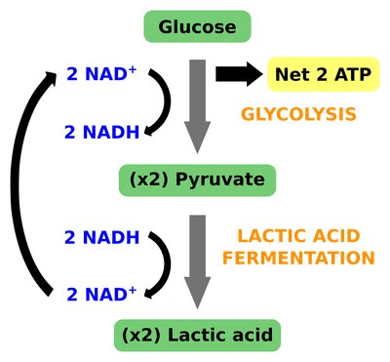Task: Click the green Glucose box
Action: (x=197, y=26)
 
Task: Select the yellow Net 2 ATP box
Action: (x=323, y=74)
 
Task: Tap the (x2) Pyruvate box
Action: (x=197, y=181)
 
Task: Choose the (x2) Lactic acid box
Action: (x=197, y=336)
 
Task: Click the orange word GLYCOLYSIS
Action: (x=298, y=114)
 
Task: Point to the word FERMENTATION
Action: (x=298, y=258)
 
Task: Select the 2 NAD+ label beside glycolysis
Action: (x=101, y=73)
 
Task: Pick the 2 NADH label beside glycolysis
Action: (x=102, y=132)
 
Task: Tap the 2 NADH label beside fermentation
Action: (x=102, y=237)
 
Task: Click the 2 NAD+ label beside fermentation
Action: (x=101, y=294)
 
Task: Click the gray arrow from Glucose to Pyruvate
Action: (x=197, y=106)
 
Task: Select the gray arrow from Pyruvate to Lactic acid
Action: (x=197, y=261)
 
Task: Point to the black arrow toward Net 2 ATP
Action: (x=240, y=74)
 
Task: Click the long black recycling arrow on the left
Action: (x=17, y=182)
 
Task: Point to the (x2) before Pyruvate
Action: (x=149, y=180)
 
